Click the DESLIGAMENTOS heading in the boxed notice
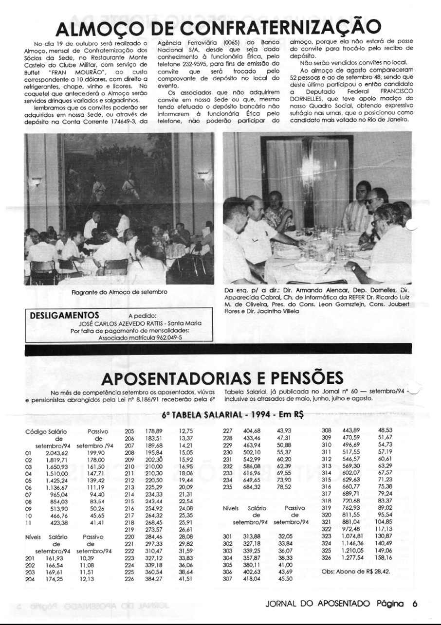click(x=65, y=315)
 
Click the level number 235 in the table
click(x=227, y=487)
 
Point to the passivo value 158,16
click(x=383, y=557)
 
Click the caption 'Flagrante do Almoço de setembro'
click(x=119, y=292)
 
